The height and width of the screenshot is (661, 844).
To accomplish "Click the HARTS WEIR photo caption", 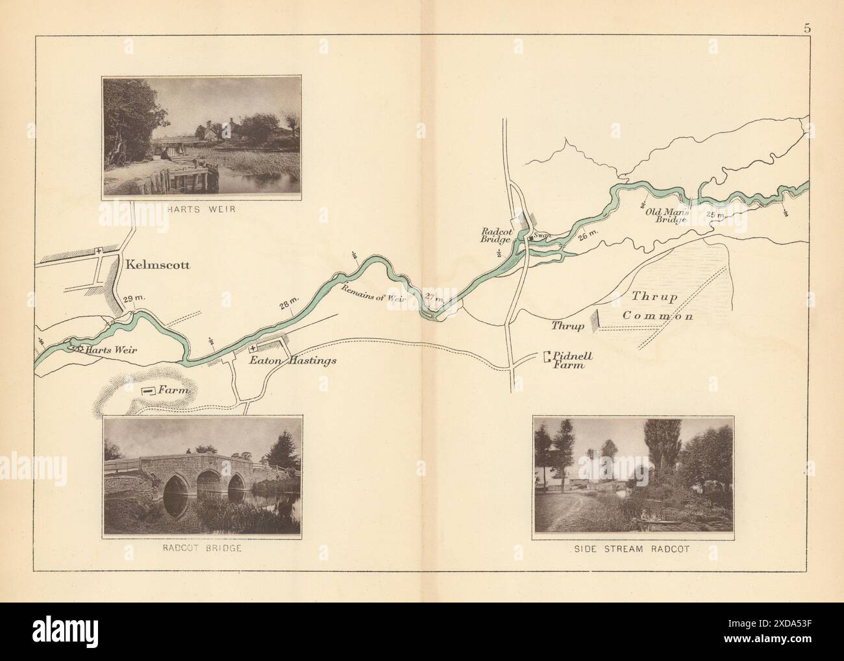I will [x=202, y=209].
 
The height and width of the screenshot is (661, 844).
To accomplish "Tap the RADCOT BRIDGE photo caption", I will [x=203, y=547].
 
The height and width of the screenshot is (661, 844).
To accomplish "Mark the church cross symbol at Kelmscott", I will [x=99, y=250].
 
